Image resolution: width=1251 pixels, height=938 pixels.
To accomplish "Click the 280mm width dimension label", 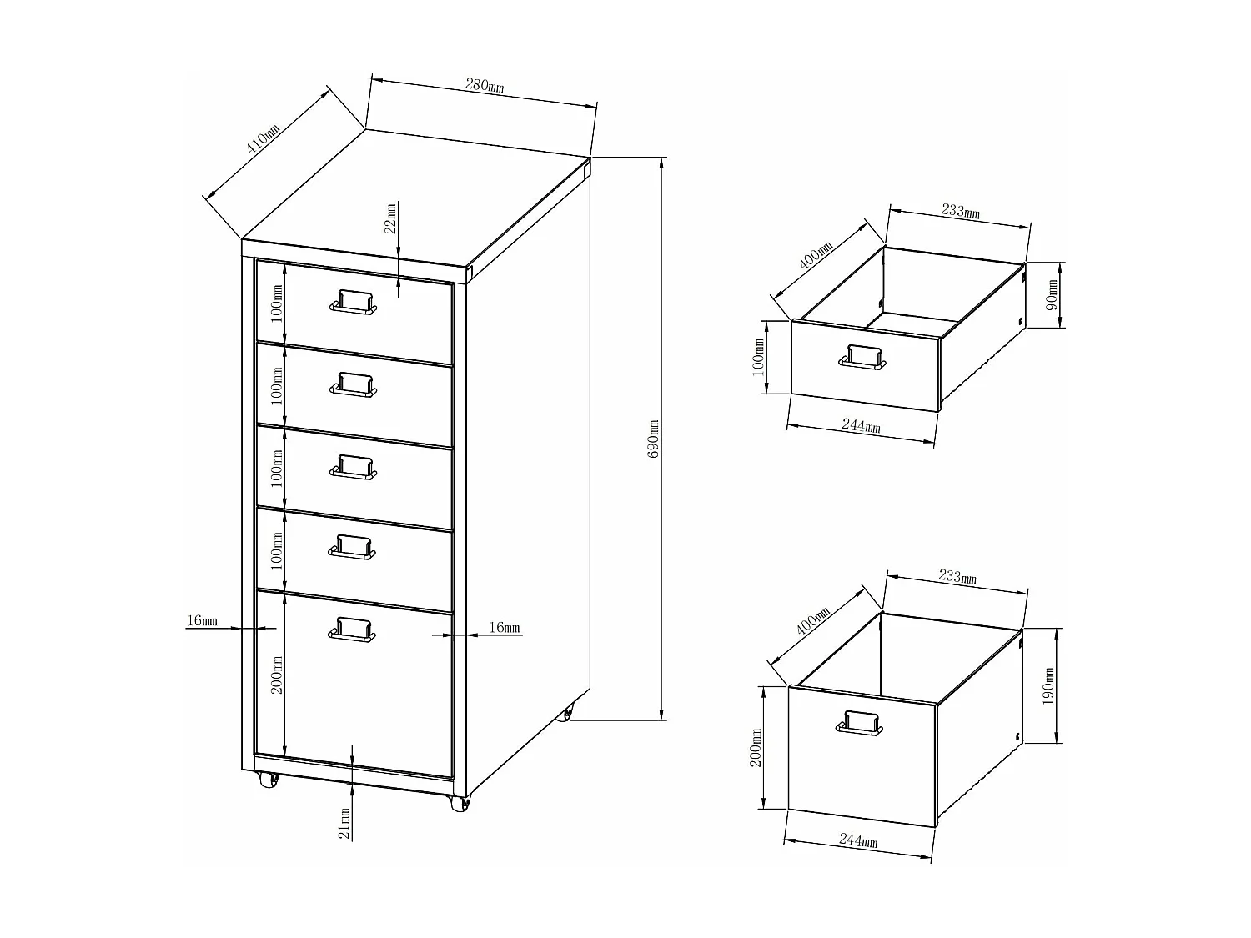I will (x=484, y=85).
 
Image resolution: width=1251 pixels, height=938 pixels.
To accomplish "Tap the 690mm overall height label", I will (x=653, y=439).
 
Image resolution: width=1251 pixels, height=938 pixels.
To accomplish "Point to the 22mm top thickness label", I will (x=390, y=220).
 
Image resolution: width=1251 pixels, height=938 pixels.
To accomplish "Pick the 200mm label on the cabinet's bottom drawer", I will (x=277, y=674).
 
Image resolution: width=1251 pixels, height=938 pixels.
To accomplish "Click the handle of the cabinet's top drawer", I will (x=354, y=302).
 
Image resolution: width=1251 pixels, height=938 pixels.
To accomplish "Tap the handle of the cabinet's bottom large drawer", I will (x=353, y=630).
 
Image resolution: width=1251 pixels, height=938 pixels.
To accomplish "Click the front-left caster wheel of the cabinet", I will (x=269, y=780).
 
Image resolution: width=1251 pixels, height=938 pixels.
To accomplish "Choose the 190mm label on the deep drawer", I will (x=1049, y=685).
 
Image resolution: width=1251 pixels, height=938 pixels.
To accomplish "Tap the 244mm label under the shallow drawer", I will (x=861, y=426).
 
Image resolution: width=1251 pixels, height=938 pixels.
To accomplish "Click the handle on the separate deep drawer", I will (x=859, y=724).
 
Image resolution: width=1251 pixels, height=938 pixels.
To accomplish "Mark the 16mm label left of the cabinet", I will (x=203, y=620).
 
